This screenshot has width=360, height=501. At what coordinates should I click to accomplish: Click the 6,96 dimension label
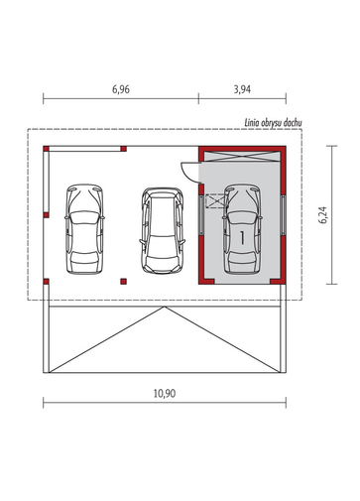(x=121, y=89)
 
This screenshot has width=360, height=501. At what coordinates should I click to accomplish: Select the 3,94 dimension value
(x=242, y=89)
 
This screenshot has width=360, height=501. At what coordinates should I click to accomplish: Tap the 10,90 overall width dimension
(x=165, y=394)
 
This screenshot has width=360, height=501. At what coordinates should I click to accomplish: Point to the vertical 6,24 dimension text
(x=323, y=215)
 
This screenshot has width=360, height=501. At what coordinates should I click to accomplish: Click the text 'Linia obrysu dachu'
(x=273, y=123)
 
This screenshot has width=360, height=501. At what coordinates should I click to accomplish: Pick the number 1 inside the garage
(x=242, y=238)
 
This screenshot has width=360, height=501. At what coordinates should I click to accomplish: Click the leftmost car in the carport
(x=84, y=229)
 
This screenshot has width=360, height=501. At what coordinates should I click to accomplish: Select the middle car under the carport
(x=163, y=231)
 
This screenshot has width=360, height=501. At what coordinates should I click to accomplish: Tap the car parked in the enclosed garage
(x=242, y=229)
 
